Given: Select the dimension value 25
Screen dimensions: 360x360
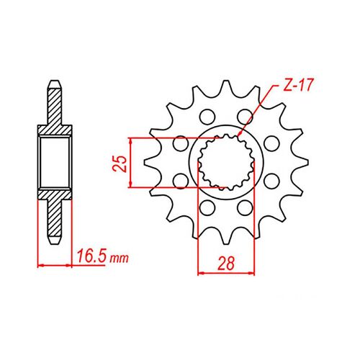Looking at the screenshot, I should [x=122, y=163].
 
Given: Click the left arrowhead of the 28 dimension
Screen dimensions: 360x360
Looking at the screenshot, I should [x=201, y=274].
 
